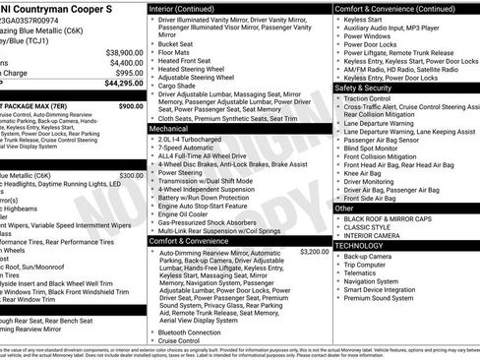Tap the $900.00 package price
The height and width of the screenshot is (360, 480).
(x=130, y=105)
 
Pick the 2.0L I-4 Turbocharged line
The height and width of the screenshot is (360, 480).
(x=193, y=139)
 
